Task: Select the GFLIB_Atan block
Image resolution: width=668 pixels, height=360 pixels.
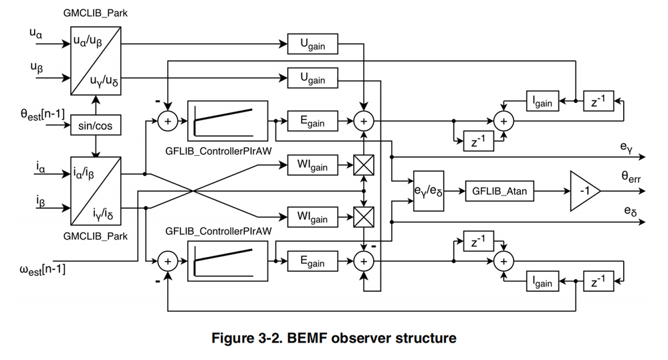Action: tap(499, 191)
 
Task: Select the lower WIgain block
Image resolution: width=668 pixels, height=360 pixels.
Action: tap(313, 215)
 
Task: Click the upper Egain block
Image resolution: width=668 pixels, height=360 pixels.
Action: tap(313, 122)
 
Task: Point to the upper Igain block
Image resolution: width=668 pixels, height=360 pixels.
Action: tap(541, 101)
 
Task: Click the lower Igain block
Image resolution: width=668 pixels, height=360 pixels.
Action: tap(541, 281)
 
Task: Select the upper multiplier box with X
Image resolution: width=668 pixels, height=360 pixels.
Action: tap(363, 164)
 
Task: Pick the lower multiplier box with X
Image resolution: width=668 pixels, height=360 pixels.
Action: tap(363, 215)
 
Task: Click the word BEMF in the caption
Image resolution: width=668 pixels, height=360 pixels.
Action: tap(302, 337)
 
